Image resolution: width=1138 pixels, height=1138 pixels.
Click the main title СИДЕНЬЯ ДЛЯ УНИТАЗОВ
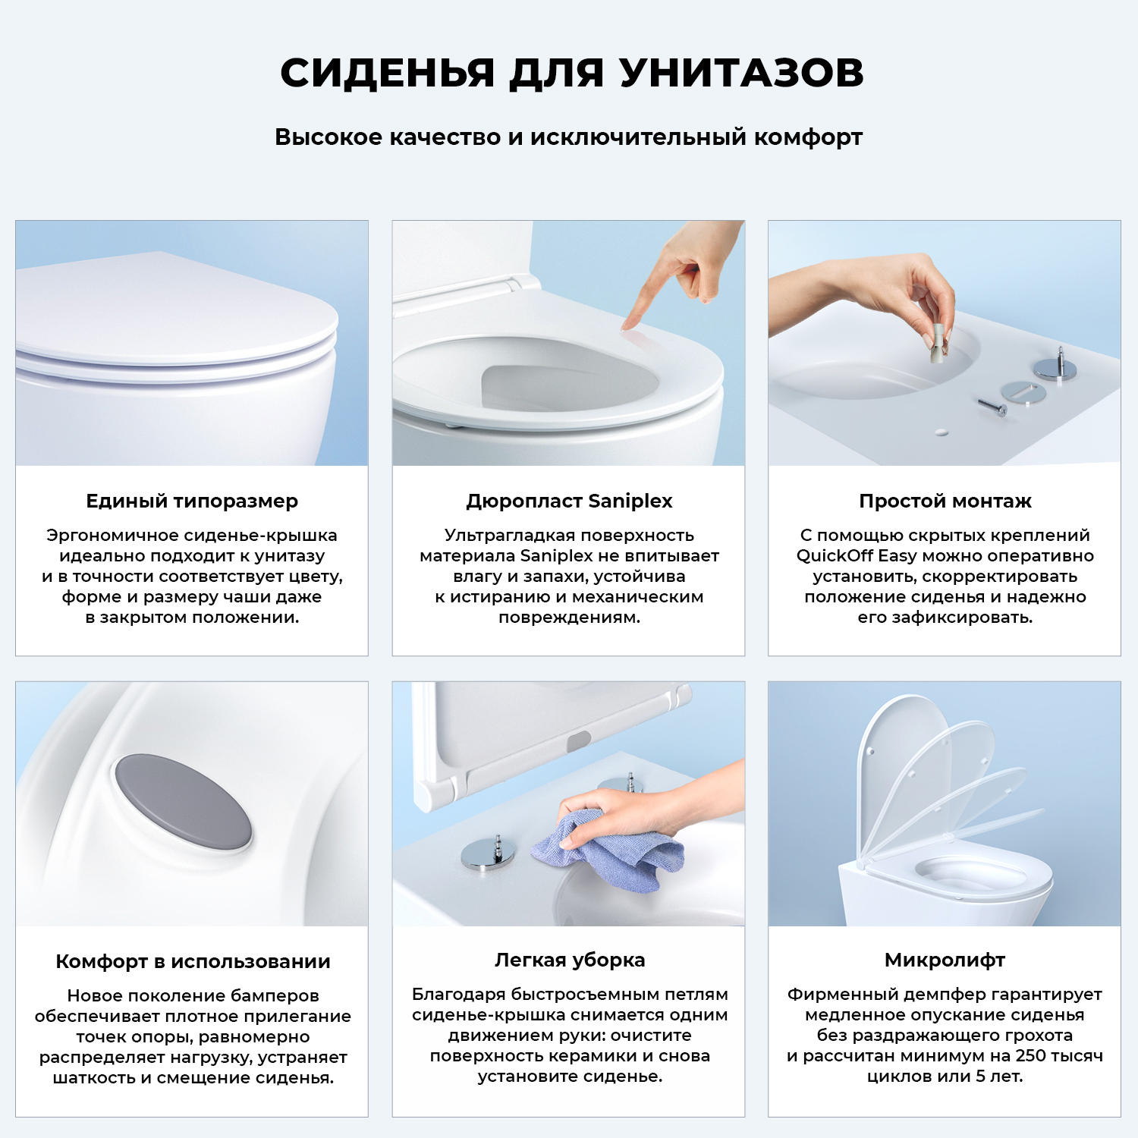pyautogui.click(x=571, y=74)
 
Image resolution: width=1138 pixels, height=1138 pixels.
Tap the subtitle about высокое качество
pyautogui.click(x=568, y=137)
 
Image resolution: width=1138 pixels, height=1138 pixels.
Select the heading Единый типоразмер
pyautogui.click(x=192, y=501)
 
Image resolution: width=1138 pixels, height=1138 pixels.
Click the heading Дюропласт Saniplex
pyautogui.click(x=569, y=501)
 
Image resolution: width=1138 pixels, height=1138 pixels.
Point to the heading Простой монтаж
pyautogui.click(x=945, y=501)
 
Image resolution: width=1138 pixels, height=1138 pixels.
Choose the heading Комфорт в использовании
pyautogui.click(x=193, y=962)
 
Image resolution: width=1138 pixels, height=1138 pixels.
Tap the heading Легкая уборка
pyautogui.click(x=569, y=960)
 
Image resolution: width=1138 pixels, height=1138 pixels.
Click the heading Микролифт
pyautogui.click(x=945, y=960)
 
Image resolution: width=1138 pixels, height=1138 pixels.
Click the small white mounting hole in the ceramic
pyautogui.click(x=942, y=432)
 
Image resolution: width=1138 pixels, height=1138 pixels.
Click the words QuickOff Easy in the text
pyautogui.click(x=856, y=556)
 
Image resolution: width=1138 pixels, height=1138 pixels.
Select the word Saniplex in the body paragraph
pyautogui.click(x=556, y=556)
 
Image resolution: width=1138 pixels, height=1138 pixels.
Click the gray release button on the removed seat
pyautogui.click(x=578, y=740)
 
